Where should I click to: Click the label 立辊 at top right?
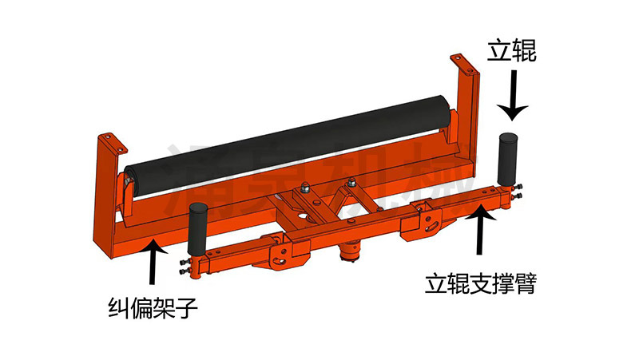tap(512, 53)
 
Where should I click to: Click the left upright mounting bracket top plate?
tap(113, 144)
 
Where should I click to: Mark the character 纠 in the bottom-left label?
tap(118, 307)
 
